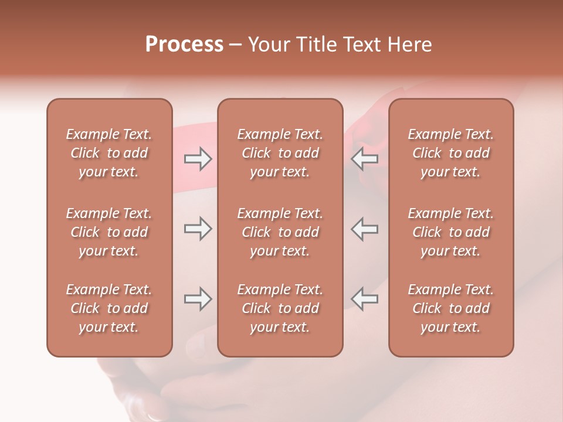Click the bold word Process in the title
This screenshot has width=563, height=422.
coord(184,45)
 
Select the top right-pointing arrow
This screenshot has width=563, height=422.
coord(198,159)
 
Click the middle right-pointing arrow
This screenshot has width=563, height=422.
coord(198,229)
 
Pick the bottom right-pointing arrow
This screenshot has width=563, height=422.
coord(198,299)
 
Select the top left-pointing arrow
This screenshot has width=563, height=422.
coord(365,159)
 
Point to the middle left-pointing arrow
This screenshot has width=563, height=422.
coord(365,229)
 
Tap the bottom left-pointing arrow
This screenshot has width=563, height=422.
coord(365,299)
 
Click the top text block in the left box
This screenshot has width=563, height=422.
coord(109,153)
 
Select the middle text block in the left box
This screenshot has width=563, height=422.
coord(109,232)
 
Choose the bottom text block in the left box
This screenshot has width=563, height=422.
coord(109,308)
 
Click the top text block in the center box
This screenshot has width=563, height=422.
coord(280,153)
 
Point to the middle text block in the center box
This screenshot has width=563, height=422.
coord(280,232)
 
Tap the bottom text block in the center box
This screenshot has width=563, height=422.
coord(280,308)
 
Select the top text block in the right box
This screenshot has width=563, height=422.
coord(451,153)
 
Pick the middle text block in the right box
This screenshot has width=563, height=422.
coord(451,232)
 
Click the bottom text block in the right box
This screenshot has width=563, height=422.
coord(451,308)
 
